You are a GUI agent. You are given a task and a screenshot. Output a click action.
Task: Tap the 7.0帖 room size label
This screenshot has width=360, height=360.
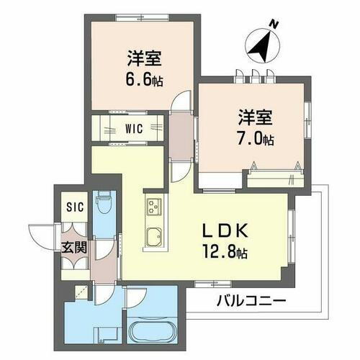(257, 138)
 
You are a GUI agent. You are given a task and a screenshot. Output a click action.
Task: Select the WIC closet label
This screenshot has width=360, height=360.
(133, 130)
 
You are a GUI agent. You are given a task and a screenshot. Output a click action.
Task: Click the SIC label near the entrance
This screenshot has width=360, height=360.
(75, 207)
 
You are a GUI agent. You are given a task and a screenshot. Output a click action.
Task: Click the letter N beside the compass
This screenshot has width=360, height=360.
(274, 25)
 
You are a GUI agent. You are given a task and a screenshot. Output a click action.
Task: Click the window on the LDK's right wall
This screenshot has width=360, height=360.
(292, 234)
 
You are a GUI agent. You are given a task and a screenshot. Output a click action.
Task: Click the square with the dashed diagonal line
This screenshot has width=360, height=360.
(81, 292)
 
